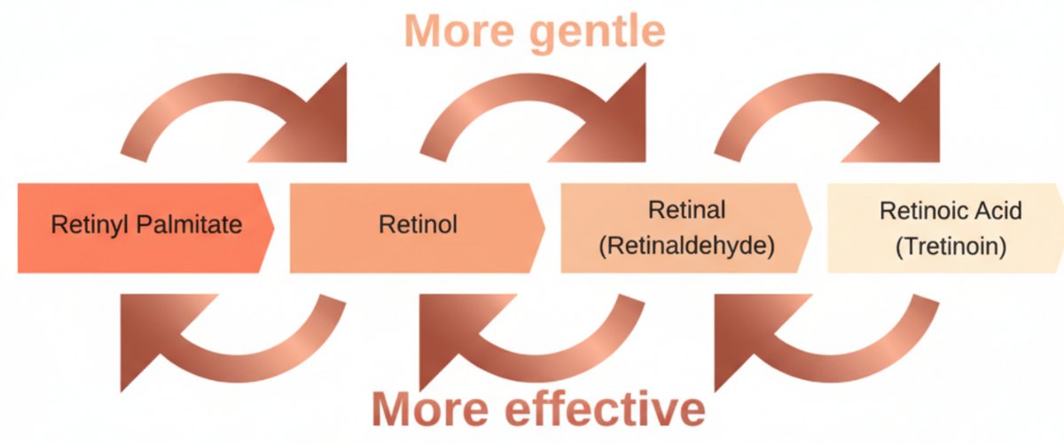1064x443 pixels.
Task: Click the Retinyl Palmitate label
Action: point(146,225)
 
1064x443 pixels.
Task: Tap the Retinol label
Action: point(418,225)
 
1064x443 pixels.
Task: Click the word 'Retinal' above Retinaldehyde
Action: point(687,210)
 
